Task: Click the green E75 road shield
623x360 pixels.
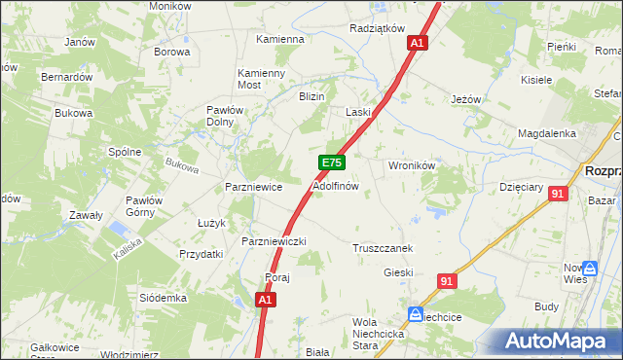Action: click(x=331, y=163)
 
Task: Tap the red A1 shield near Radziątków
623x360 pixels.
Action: click(x=418, y=44)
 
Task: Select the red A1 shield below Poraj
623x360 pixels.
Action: click(x=265, y=302)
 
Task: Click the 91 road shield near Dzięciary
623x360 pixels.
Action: click(x=557, y=194)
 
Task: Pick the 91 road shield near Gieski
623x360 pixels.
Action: click(x=447, y=281)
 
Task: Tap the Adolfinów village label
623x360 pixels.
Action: click(x=336, y=185)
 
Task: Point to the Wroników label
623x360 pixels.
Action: click(x=411, y=165)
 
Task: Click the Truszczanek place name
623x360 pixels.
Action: click(x=384, y=248)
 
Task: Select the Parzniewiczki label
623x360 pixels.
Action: click(x=275, y=241)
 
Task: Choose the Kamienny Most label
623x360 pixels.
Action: click(x=262, y=79)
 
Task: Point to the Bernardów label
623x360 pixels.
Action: click(x=66, y=76)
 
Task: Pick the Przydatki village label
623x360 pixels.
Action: click(x=202, y=253)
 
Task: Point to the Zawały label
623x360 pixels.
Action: click(x=86, y=215)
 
